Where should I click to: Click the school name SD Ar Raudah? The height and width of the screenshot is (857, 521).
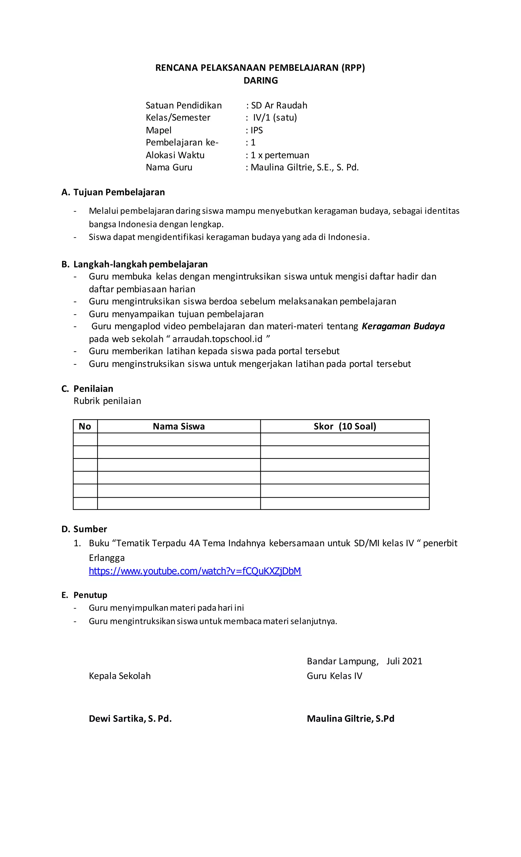click(x=279, y=105)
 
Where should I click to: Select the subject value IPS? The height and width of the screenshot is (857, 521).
click(x=257, y=130)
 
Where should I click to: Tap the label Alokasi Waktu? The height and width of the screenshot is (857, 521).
click(x=175, y=155)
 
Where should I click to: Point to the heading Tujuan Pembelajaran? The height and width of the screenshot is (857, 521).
click(x=119, y=192)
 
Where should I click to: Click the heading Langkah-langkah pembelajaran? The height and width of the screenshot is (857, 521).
click(x=140, y=264)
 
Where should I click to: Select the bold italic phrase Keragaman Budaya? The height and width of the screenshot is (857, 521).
click(x=403, y=326)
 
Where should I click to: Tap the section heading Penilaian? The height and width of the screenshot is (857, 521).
click(x=93, y=388)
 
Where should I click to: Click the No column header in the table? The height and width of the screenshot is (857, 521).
click(x=85, y=426)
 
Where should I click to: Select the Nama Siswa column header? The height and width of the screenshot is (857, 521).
click(x=179, y=426)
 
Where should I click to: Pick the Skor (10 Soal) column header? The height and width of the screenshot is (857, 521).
click(x=345, y=426)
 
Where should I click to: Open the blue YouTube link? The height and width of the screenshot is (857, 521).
click(x=195, y=571)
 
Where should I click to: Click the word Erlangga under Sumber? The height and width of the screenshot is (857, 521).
click(x=107, y=558)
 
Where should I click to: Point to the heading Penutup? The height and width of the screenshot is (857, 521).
click(x=90, y=595)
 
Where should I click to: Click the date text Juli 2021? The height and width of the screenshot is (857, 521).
click(x=404, y=661)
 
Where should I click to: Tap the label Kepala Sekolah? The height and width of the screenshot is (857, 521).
click(x=120, y=676)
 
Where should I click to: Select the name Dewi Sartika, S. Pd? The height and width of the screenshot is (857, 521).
click(x=130, y=719)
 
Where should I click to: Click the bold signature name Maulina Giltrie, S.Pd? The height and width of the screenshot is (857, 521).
click(x=350, y=719)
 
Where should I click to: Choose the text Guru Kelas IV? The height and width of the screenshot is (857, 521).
click(x=334, y=676)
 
